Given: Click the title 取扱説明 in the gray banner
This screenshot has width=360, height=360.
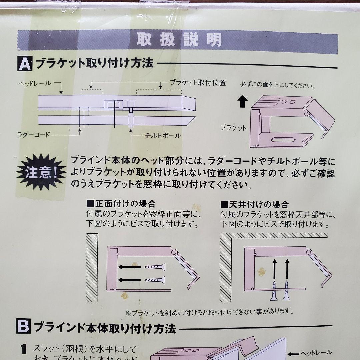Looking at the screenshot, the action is click(x=179, y=39).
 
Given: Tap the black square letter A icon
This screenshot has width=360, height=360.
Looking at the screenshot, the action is click(x=25, y=63).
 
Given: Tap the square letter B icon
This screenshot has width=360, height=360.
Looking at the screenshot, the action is click(x=23, y=326).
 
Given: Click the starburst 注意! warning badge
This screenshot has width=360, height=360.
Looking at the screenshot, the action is click(x=41, y=172).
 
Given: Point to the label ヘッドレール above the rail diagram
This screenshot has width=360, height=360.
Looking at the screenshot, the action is click(x=34, y=83).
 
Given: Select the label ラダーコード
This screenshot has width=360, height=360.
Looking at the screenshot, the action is click(x=33, y=135).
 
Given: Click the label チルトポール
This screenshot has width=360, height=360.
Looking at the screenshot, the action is click(x=163, y=136).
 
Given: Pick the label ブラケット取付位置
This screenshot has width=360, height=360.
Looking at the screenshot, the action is click(x=198, y=83).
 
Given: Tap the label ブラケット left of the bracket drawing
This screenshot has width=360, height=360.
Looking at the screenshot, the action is click(x=233, y=128).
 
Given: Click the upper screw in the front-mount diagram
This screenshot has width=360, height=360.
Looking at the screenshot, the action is click(x=155, y=267).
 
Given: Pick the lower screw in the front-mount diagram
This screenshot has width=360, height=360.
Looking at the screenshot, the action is click(x=155, y=280).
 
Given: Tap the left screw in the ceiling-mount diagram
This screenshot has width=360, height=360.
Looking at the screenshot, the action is click(x=274, y=290).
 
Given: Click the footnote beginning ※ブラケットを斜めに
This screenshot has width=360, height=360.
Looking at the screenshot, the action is click(x=210, y=312).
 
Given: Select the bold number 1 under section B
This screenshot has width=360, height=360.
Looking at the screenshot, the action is click(x=24, y=349).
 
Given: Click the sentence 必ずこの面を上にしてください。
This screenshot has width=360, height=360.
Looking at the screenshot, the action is click(x=278, y=85).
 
